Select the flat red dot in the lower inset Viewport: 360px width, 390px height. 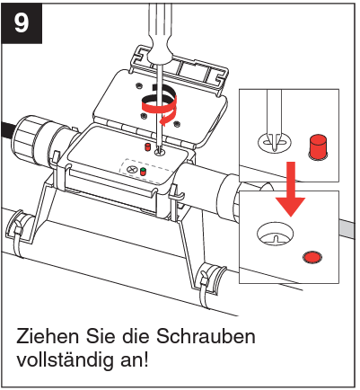[x=311, y=257]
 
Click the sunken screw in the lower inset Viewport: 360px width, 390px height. [x=277, y=236]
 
